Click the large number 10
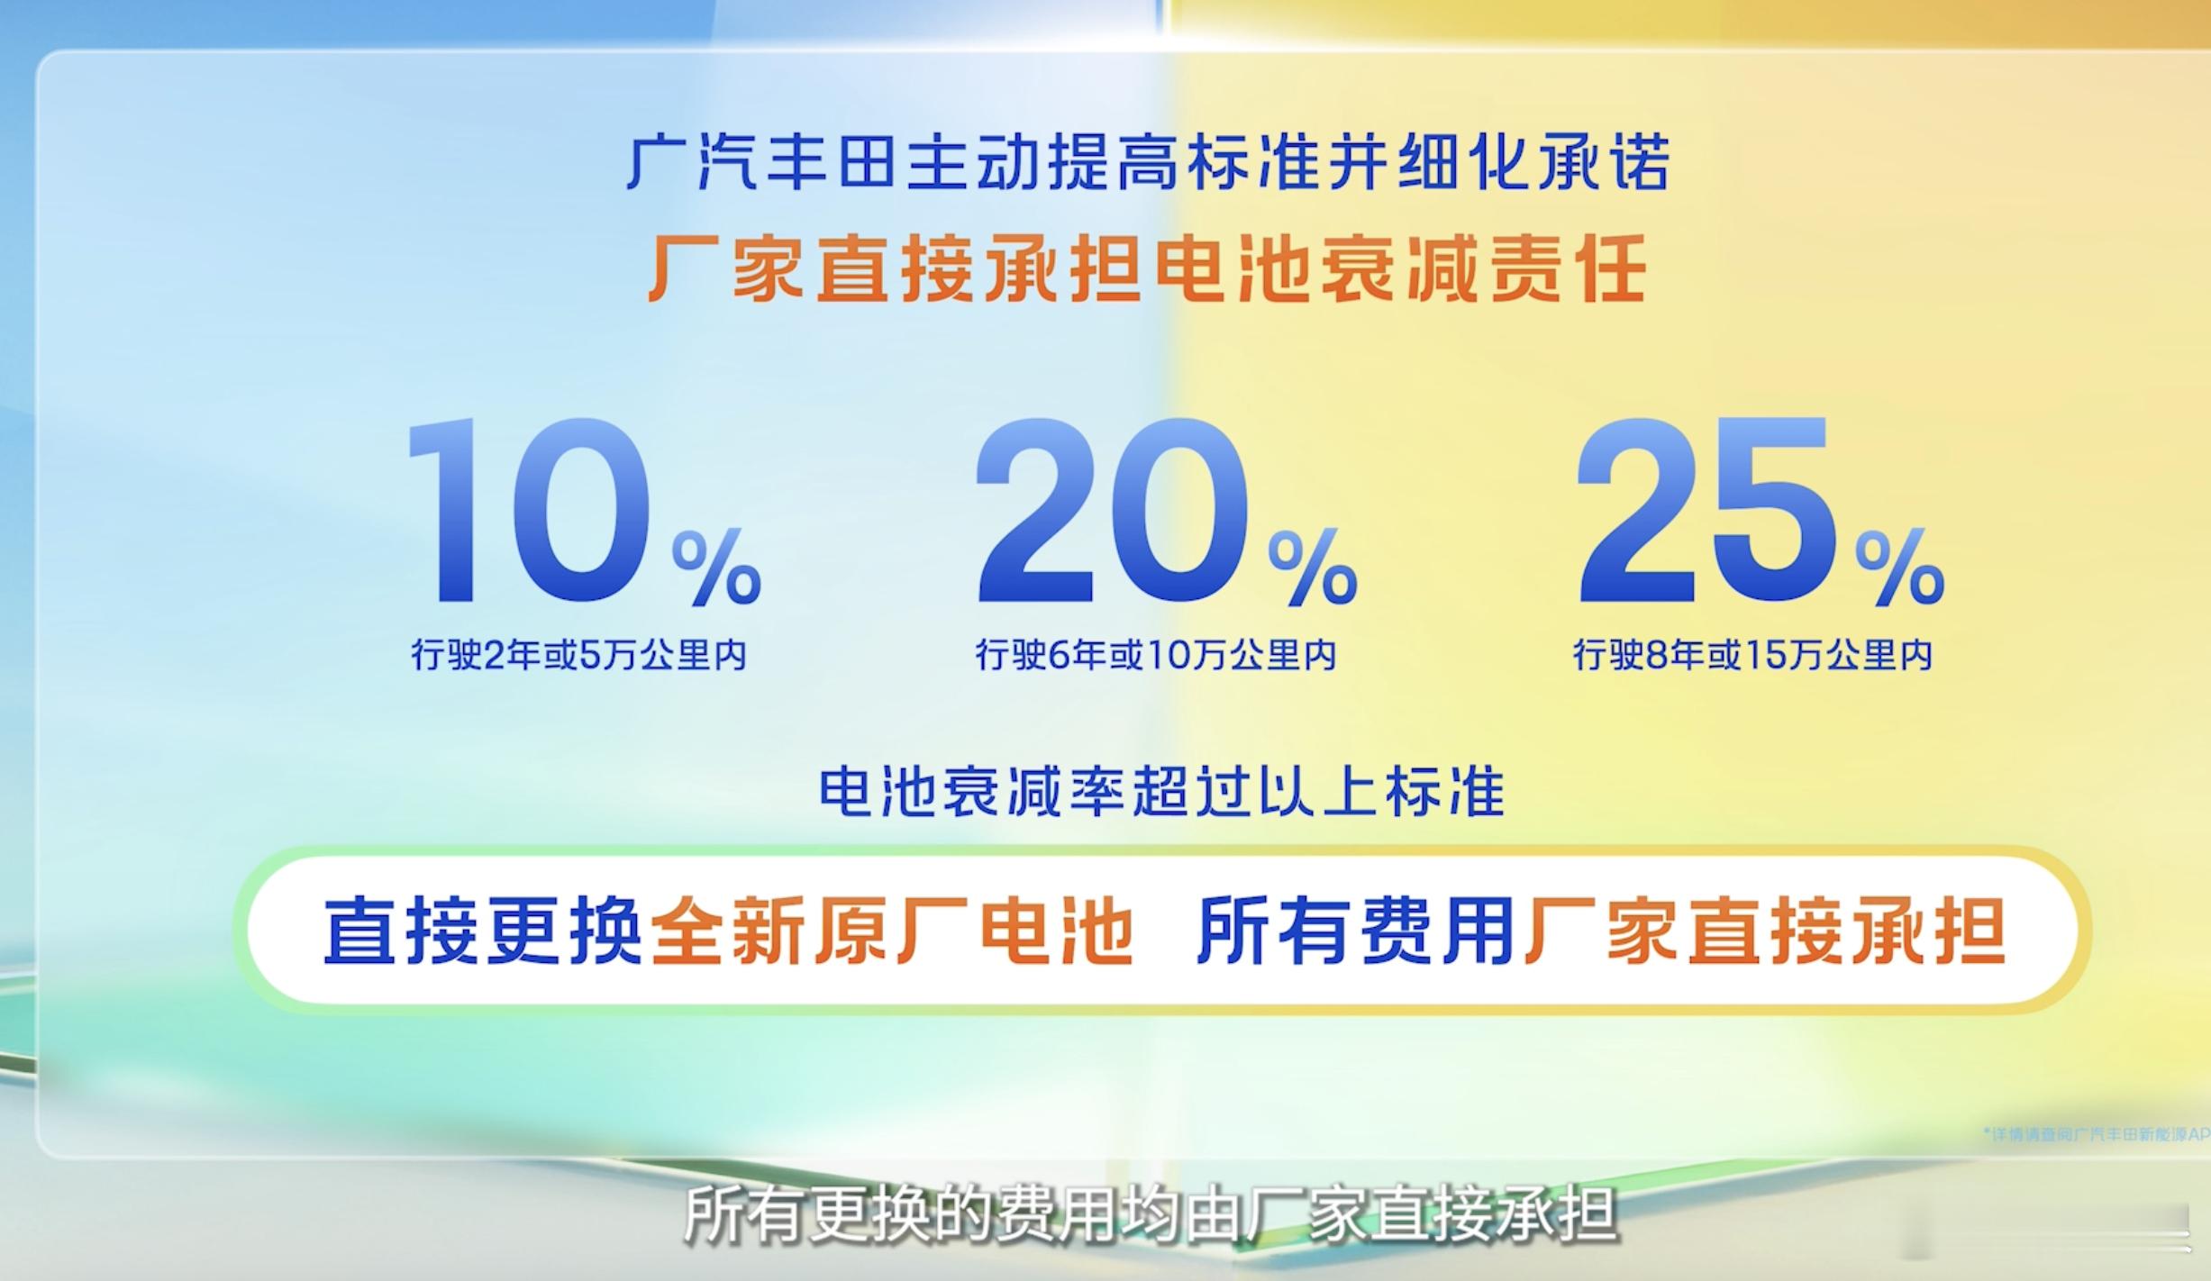[x=527, y=511]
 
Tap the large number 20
[x=1114, y=511]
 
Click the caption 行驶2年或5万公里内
[x=579, y=655]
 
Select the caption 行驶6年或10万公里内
[x=1155, y=655]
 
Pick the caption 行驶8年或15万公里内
[x=1753, y=655]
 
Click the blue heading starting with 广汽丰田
[x=1148, y=163]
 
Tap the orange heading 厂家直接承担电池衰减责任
[x=1148, y=268]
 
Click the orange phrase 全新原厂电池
[x=892, y=931]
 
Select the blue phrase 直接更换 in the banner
[x=482, y=931]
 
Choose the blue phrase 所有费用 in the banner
[x=1355, y=931]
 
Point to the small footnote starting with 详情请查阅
[x=2096, y=1133]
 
